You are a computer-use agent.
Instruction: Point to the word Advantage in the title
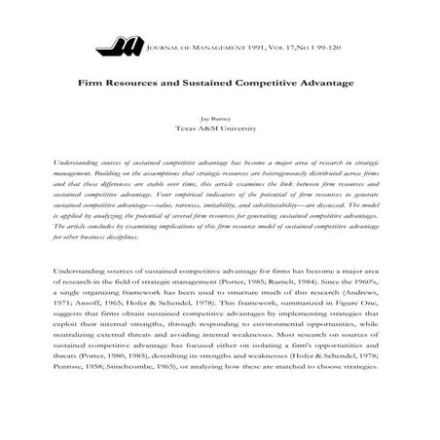[325, 85]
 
